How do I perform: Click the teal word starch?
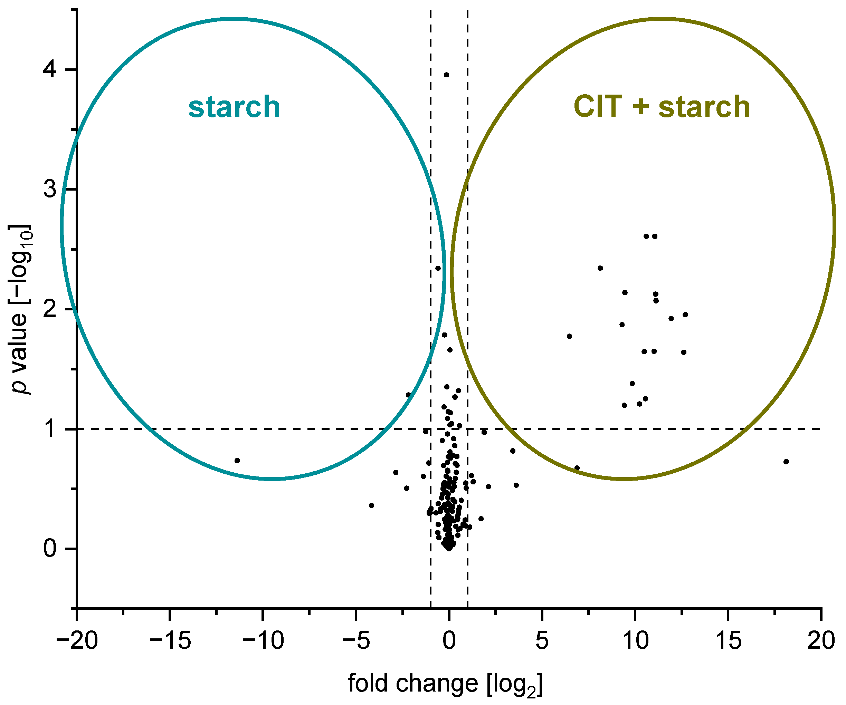(234, 107)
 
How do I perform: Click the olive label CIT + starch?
(662, 107)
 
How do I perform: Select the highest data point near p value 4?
(446, 75)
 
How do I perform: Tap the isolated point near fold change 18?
(786, 461)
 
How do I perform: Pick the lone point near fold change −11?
(237, 461)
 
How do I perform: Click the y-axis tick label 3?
(50, 190)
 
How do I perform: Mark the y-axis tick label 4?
(50, 70)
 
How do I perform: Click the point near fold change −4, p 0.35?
(371, 505)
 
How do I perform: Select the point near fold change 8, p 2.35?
(600, 268)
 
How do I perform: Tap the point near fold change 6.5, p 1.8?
(569, 336)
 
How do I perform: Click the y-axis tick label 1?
(50, 429)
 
